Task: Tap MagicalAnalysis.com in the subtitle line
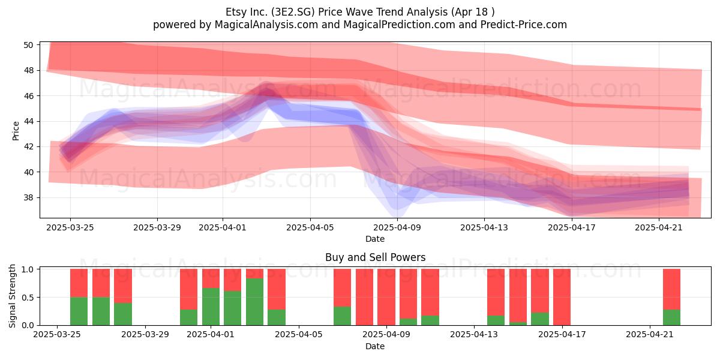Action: click(x=266, y=25)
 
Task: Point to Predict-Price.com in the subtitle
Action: click(x=524, y=25)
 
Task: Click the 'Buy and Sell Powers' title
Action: click(x=375, y=257)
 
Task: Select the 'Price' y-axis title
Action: click(x=16, y=131)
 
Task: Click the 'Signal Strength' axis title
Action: click(x=12, y=296)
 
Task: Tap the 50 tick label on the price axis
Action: click(x=28, y=45)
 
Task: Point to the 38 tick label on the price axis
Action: click(x=28, y=197)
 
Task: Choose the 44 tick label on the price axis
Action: click(x=28, y=121)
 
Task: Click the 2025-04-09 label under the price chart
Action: click(x=397, y=227)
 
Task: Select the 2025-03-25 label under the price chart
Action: click(x=70, y=227)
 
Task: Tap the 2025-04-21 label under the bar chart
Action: click(x=650, y=334)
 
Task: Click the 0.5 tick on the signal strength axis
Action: click(x=28, y=298)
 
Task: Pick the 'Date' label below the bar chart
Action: click(x=375, y=346)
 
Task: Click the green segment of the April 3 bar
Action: click(x=254, y=302)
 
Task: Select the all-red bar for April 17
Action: click(x=562, y=297)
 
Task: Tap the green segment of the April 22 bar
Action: click(x=672, y=317)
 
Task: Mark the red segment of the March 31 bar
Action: click(x=188, y=289)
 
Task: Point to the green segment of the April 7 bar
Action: click(x=343, y=316)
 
